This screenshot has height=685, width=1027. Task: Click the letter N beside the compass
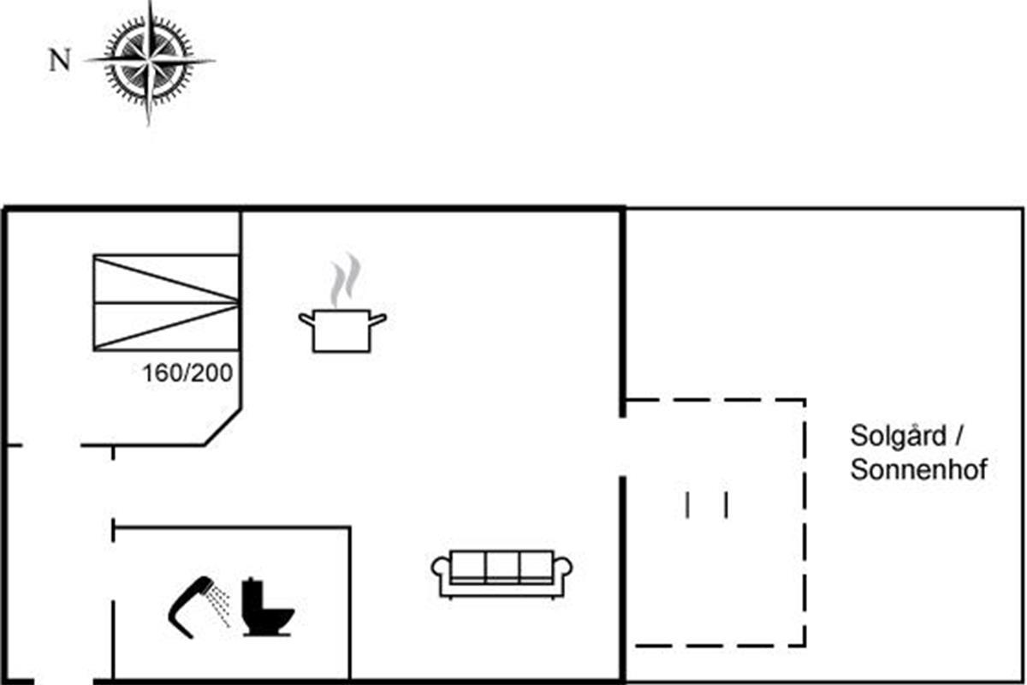coord(60,60)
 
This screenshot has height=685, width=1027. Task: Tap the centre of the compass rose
coord(149,61)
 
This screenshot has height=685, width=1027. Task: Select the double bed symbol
coord(166,303)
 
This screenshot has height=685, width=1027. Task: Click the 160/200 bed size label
coord(187,373)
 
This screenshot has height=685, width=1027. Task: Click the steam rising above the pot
coord(346,280)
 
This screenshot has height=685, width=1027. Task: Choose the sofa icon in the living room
coord(502,574)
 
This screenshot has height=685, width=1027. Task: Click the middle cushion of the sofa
coord(502,567)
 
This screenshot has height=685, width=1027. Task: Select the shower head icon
coord(191,606)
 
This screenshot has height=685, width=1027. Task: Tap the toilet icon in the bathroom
coord(267,606)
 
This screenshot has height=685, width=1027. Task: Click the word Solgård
coord(898,436)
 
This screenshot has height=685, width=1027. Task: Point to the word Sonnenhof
coord(919,469)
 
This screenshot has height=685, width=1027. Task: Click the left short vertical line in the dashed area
coord(686,505)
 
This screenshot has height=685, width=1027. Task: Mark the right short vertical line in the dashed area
coord(726,505)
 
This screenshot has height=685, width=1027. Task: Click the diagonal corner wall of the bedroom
coord(223,426)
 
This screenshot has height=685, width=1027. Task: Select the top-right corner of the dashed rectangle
coord(804,400)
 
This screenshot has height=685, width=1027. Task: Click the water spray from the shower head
coord(220,605)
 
